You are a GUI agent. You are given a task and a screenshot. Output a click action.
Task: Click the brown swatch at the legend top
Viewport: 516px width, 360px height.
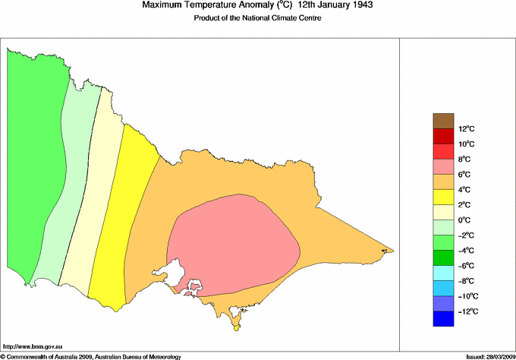[443, 121]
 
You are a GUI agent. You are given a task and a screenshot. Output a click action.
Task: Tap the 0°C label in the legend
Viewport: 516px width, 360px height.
[445, 220]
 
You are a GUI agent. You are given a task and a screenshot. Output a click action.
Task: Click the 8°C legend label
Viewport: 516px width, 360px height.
[445, 159]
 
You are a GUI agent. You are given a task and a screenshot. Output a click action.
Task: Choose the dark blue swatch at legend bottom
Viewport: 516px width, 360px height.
[443, 320]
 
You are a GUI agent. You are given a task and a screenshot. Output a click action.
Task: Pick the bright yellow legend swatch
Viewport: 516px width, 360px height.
[443, 197]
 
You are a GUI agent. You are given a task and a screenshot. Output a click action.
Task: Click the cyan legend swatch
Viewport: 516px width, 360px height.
[443, 273]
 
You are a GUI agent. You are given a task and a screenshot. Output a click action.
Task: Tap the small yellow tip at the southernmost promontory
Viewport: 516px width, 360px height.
[236, 327]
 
